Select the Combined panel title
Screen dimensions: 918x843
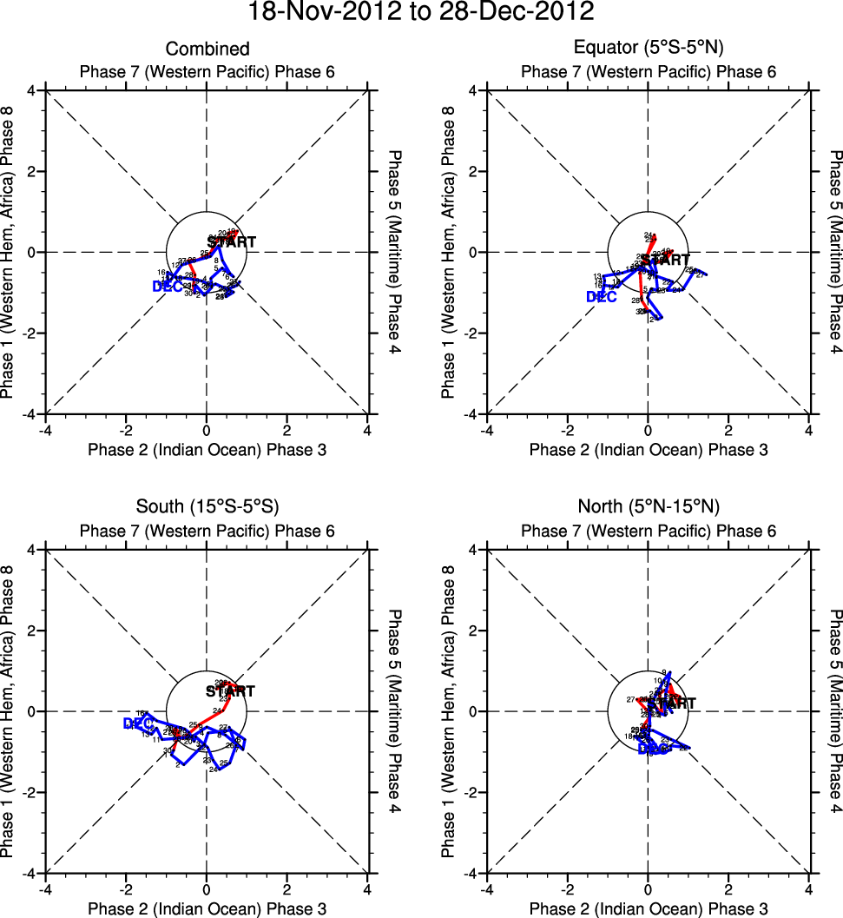207,50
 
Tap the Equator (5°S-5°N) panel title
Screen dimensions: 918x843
649,50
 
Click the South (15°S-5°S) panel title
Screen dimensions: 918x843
207,507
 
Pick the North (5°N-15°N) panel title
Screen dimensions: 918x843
649,507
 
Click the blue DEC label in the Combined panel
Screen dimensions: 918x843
167,287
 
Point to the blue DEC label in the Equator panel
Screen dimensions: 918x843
602,297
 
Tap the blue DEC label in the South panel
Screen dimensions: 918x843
138,723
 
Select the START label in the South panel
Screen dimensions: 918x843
231,692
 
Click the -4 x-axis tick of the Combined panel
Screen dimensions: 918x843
46,430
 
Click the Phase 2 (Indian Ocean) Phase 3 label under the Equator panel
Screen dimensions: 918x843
649,450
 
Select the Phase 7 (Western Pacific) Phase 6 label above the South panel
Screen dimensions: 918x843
207,532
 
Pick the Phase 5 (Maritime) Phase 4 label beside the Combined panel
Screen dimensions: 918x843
397,252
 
